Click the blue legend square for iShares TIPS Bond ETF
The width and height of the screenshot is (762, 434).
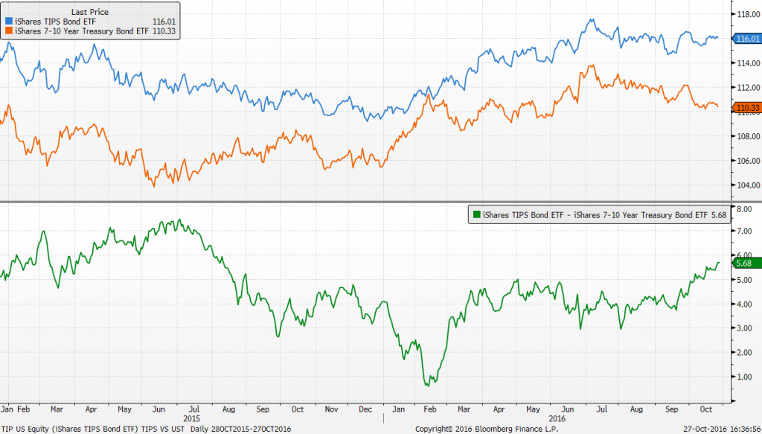(7, 23)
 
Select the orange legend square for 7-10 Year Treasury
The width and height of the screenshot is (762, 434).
(7, 32)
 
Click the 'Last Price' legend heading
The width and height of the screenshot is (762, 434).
(89, 13)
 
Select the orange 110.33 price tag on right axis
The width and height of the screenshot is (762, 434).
(746, 109)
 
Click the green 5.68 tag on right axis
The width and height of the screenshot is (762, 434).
(743, 263)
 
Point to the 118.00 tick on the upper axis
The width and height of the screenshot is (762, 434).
(746, 13)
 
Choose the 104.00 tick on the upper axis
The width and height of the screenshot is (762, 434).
(746, 185)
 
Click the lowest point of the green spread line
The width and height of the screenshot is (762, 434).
(428, 385)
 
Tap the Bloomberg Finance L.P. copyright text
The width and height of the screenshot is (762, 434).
(476, 429)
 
